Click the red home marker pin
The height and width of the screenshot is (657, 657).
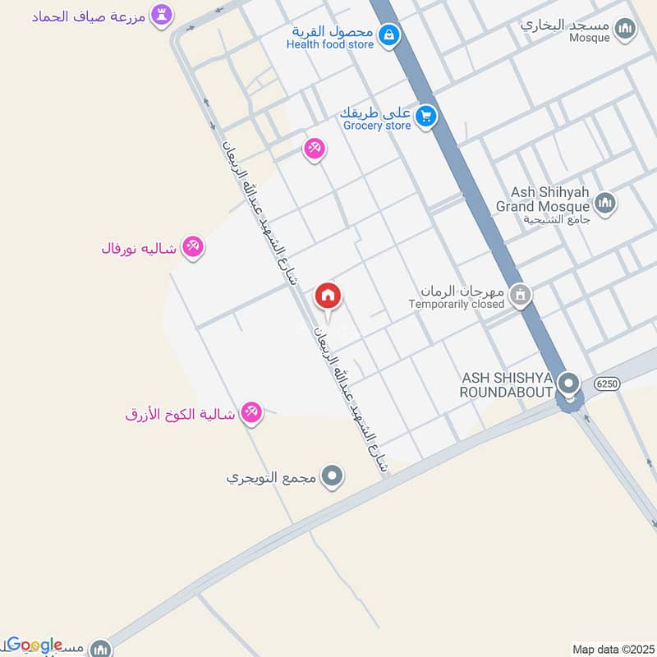pos(328,296)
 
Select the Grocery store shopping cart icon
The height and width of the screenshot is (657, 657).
pos(425,115)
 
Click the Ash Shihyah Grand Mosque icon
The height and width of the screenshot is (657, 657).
pos(604,202)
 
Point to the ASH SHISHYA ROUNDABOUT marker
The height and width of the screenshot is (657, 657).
pos(567,383)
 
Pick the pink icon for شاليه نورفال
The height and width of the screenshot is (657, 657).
pos(193,246)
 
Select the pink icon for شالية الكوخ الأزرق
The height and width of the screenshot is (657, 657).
pos(251,414)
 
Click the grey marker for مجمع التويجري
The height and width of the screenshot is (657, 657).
pos(332,475)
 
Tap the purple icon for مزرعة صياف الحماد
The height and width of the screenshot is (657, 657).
pos(161,15)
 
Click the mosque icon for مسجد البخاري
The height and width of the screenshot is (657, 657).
pos(626,30)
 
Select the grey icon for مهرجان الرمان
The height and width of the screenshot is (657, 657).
pos(519,294)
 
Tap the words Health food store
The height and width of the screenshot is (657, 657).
pos(329,44)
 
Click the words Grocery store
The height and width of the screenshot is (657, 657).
pos(376,126)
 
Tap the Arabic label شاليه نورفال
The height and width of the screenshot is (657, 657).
pos(138,248)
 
